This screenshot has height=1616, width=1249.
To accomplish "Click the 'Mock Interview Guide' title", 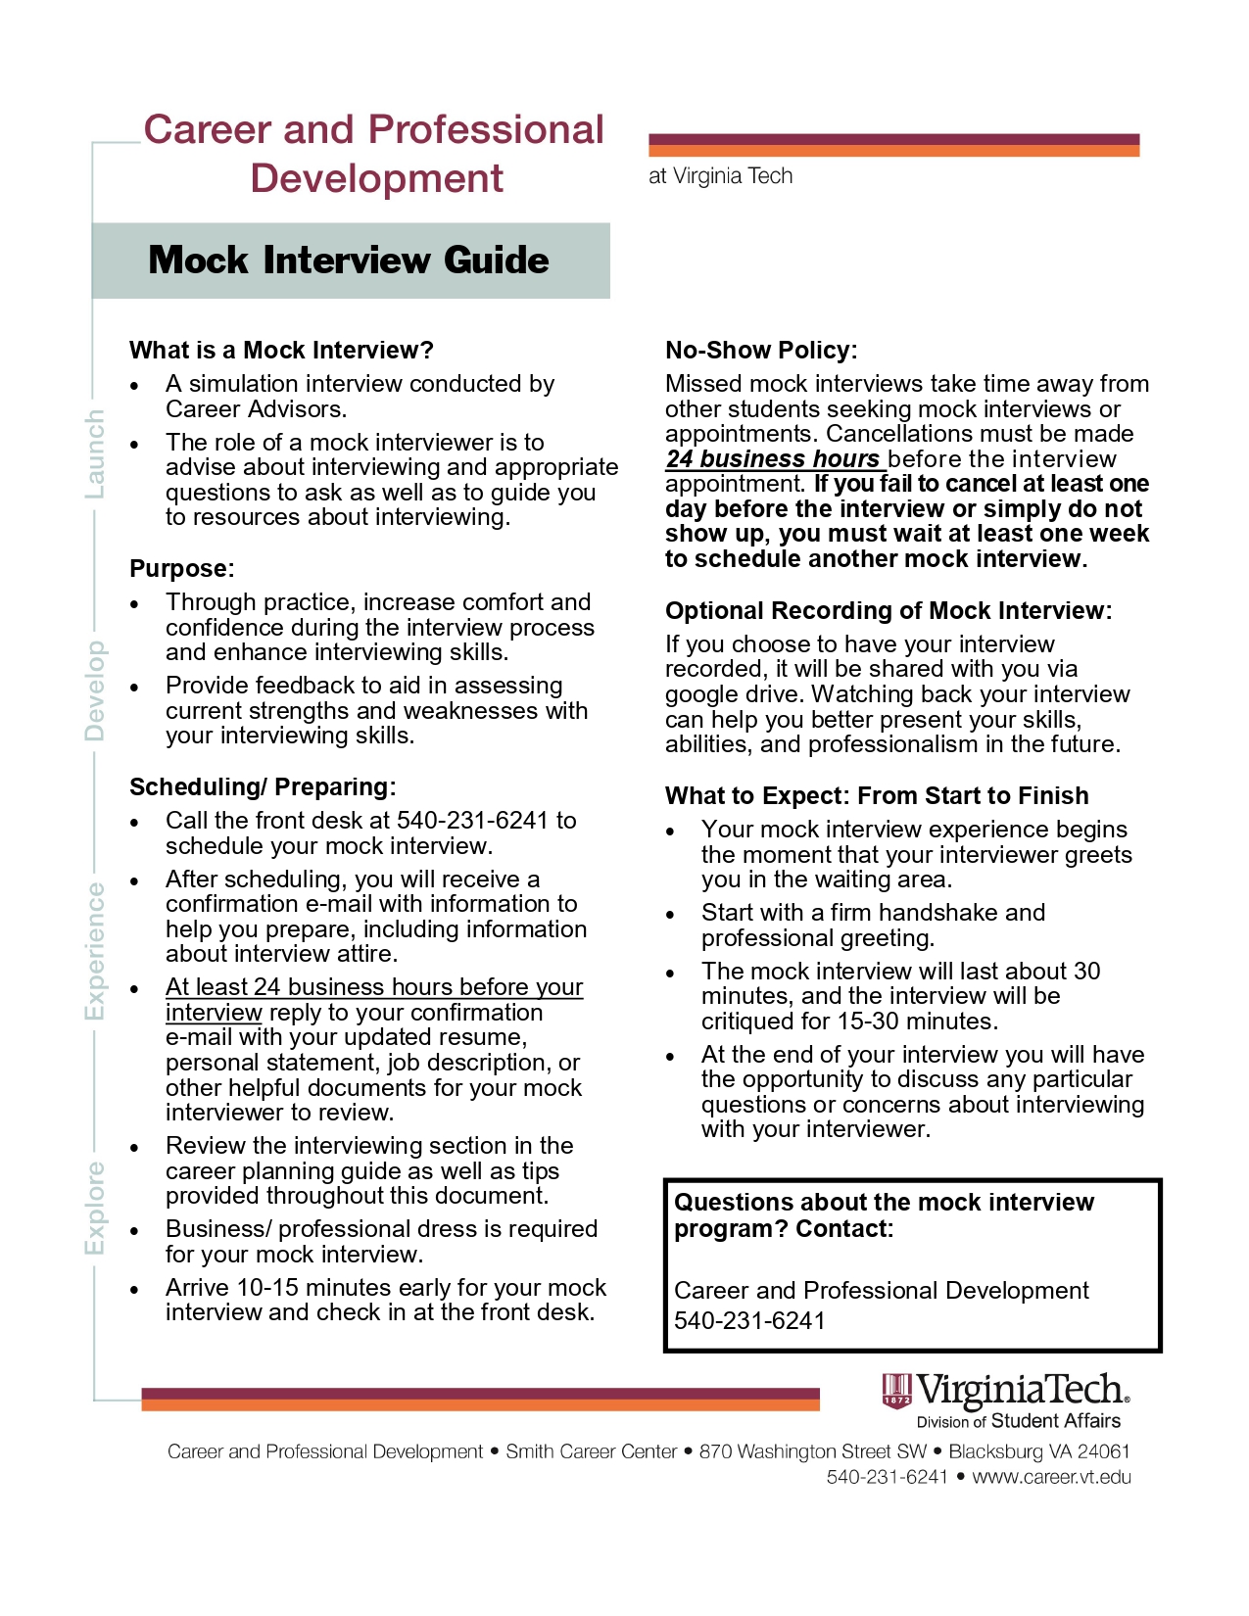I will [349, 261].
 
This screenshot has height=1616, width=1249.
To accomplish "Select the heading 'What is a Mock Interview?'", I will [281, 351].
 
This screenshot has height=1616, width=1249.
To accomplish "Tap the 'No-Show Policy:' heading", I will [761, 351].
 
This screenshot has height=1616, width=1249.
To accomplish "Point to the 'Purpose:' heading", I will [182, 569].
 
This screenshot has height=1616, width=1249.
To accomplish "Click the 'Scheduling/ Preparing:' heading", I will [263, 787].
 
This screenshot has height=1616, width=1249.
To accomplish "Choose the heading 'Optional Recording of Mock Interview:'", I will [889, 611].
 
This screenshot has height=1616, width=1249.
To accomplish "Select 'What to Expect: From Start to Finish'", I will [877, 796].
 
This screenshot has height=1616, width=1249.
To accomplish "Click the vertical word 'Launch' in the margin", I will [95, 453].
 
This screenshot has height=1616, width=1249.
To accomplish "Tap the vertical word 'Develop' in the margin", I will [95, 690].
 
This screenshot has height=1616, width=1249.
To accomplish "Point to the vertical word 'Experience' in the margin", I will [95, 950].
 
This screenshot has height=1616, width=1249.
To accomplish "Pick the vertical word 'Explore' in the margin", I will [95, 1208].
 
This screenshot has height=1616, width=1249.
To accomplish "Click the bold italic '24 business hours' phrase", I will [773, 459].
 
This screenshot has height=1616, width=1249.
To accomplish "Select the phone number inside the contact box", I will [749, 1321].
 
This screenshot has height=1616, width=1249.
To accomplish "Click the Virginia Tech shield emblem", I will [896, 1391].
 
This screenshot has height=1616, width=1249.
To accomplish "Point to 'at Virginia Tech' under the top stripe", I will [720, 176].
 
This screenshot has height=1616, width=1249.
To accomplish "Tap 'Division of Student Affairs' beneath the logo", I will [1018, 1421].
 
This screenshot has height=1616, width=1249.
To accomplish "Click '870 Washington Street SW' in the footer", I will [812, 1451].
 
